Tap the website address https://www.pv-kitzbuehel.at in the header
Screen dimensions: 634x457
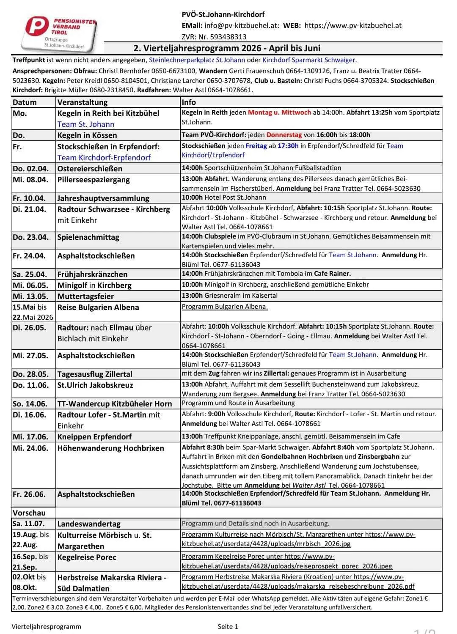353,25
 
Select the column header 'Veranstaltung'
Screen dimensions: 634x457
83,102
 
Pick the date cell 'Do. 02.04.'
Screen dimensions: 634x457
30,168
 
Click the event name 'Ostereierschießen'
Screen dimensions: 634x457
90,168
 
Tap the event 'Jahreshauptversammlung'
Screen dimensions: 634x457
103,198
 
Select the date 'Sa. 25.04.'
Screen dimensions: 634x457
30,274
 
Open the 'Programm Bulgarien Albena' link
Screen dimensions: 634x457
224,307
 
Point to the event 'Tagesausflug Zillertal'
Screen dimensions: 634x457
95,374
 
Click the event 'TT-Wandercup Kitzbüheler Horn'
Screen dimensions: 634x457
115,403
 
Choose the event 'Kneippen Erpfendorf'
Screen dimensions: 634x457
94,436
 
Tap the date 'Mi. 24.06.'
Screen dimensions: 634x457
30,448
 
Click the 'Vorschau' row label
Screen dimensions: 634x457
29,513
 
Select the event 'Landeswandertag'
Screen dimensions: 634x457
89,524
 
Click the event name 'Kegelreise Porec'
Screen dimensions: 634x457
87,557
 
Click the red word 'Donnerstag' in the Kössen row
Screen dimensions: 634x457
284,135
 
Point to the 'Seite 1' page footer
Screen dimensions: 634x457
228,626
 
